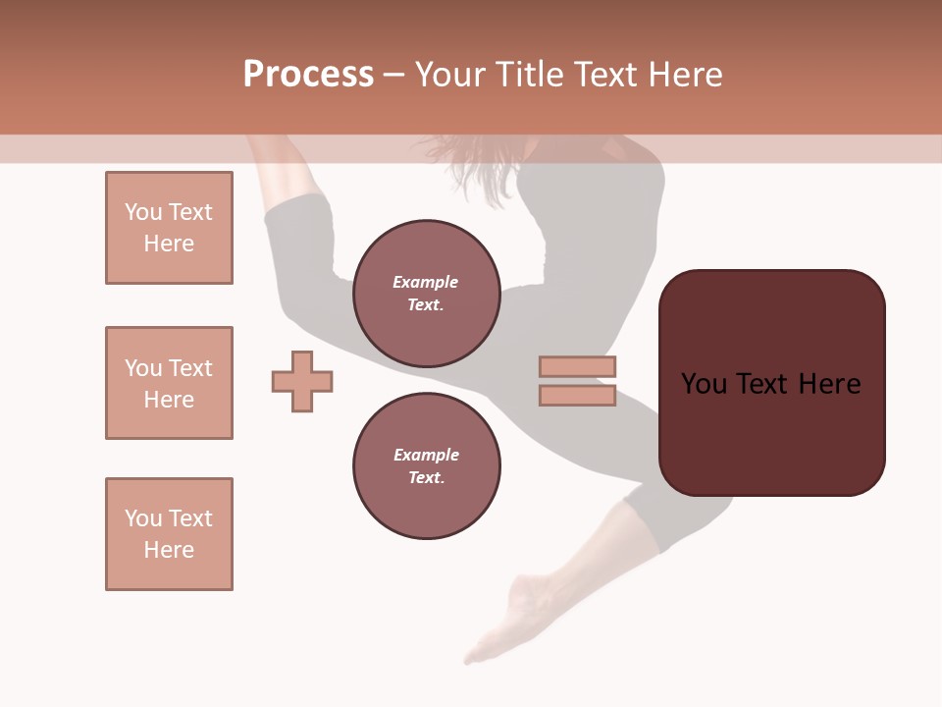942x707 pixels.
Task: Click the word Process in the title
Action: click(308, 75)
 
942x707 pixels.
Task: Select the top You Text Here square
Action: click(169, 228)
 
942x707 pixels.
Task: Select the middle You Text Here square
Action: click(169, 383)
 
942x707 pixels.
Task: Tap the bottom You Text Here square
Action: click(169, 534)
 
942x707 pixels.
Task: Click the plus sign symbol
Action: click(302, 381)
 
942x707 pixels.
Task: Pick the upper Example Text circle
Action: click(426, 294)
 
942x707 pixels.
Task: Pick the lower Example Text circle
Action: click(426, 466)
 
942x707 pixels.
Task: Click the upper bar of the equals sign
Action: click(577, 367)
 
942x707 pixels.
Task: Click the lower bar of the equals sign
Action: click(577, 396)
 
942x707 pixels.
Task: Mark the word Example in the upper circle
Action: click(426, 283)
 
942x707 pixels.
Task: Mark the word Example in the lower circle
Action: click(426, 456)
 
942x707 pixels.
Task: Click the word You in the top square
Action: click(142, 212)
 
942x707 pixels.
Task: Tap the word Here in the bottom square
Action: click(169, 550)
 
